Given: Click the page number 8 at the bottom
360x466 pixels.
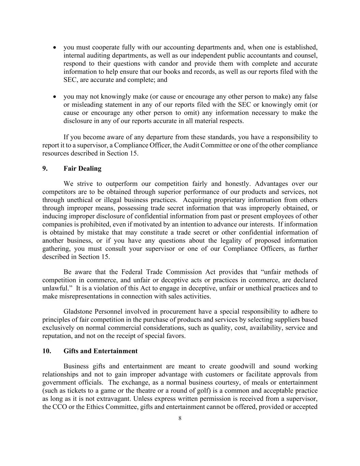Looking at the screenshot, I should click(180, 419).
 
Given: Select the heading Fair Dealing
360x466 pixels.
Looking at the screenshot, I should click(82, 169).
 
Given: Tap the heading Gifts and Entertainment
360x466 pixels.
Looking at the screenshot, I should click(100, 351).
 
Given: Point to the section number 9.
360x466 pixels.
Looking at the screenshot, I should click(45, 169).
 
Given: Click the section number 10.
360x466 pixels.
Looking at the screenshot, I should click(47, 351).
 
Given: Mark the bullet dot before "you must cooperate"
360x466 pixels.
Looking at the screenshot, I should click(55, 47).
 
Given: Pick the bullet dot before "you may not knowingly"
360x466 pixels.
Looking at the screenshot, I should click(55, 97).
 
